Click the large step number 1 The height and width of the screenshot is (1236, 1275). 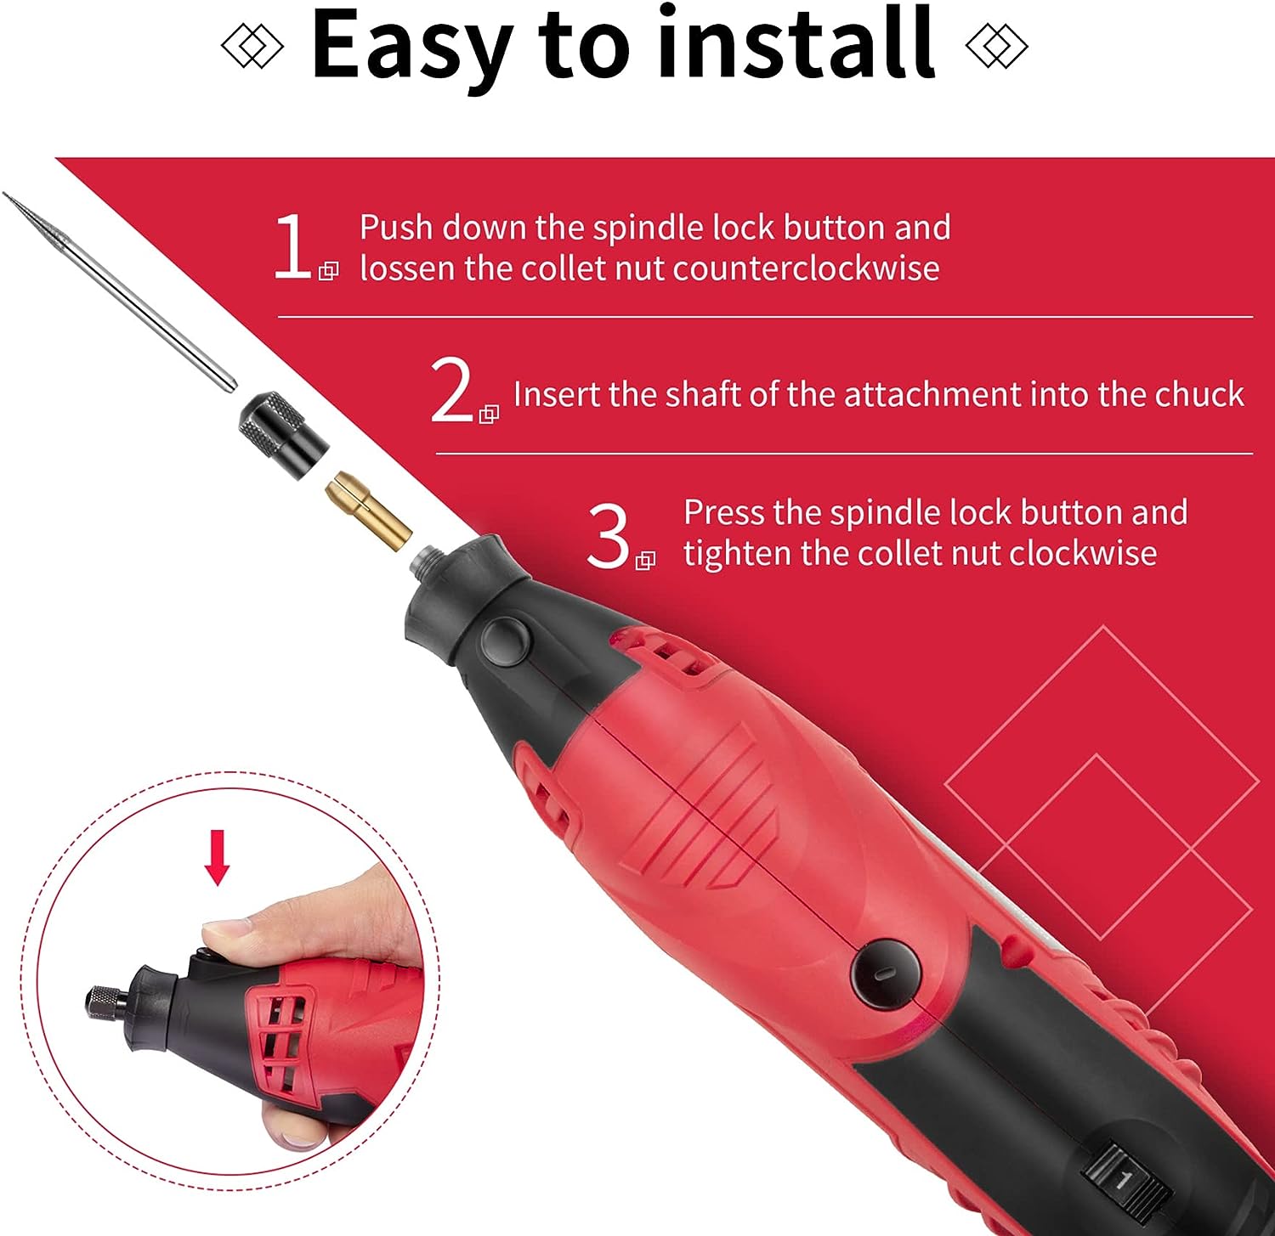click(292, 246)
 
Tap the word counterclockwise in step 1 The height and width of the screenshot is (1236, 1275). click(806, 268)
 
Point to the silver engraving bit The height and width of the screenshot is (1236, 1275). click(119, 291)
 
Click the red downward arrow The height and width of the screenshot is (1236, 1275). click(218, 858)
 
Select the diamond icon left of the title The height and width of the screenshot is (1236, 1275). click(252, 46)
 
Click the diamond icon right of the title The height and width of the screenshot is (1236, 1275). click(997, 46)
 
